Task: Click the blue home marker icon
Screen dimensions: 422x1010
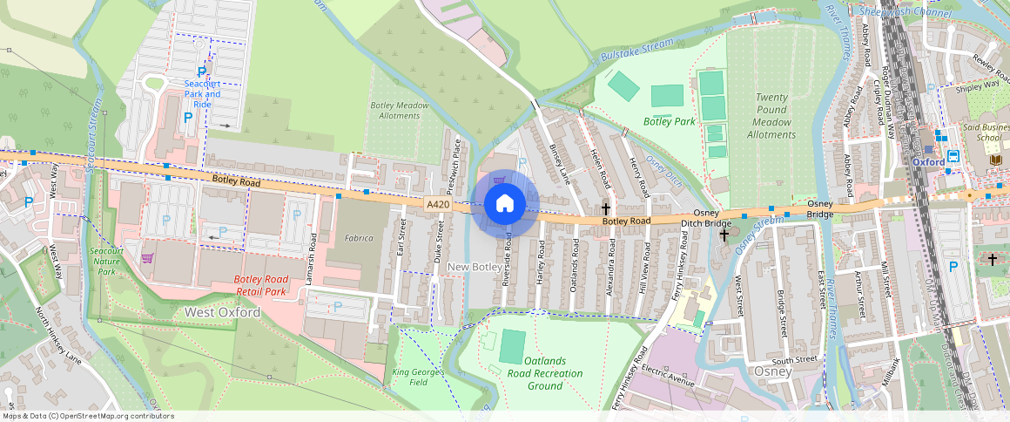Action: (x=504, y=204)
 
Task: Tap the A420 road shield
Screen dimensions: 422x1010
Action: (x=438, y=204)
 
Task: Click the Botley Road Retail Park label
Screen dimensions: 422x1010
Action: (x=261, y=285)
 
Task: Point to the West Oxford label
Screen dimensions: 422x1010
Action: (x=222, y=312)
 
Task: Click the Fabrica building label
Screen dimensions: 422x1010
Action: (x=358, y=237)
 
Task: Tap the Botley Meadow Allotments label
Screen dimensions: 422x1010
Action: (x=401, y=110)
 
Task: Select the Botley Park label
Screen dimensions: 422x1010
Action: (x=670, y=121)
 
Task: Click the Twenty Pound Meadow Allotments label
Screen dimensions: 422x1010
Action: (x=771, y=116)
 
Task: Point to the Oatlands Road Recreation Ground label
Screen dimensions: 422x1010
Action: (x=545, y=372)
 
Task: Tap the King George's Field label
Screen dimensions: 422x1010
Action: (x=419, y=378)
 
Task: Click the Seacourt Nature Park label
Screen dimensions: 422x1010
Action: (x=107, y=261)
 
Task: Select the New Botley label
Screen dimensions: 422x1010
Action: (x=473, y=265)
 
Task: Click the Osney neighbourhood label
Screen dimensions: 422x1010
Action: (x=774, y=371)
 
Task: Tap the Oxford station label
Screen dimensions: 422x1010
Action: (x=929, y=162)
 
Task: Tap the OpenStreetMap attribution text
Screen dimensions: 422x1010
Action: (x=88, y=416)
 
